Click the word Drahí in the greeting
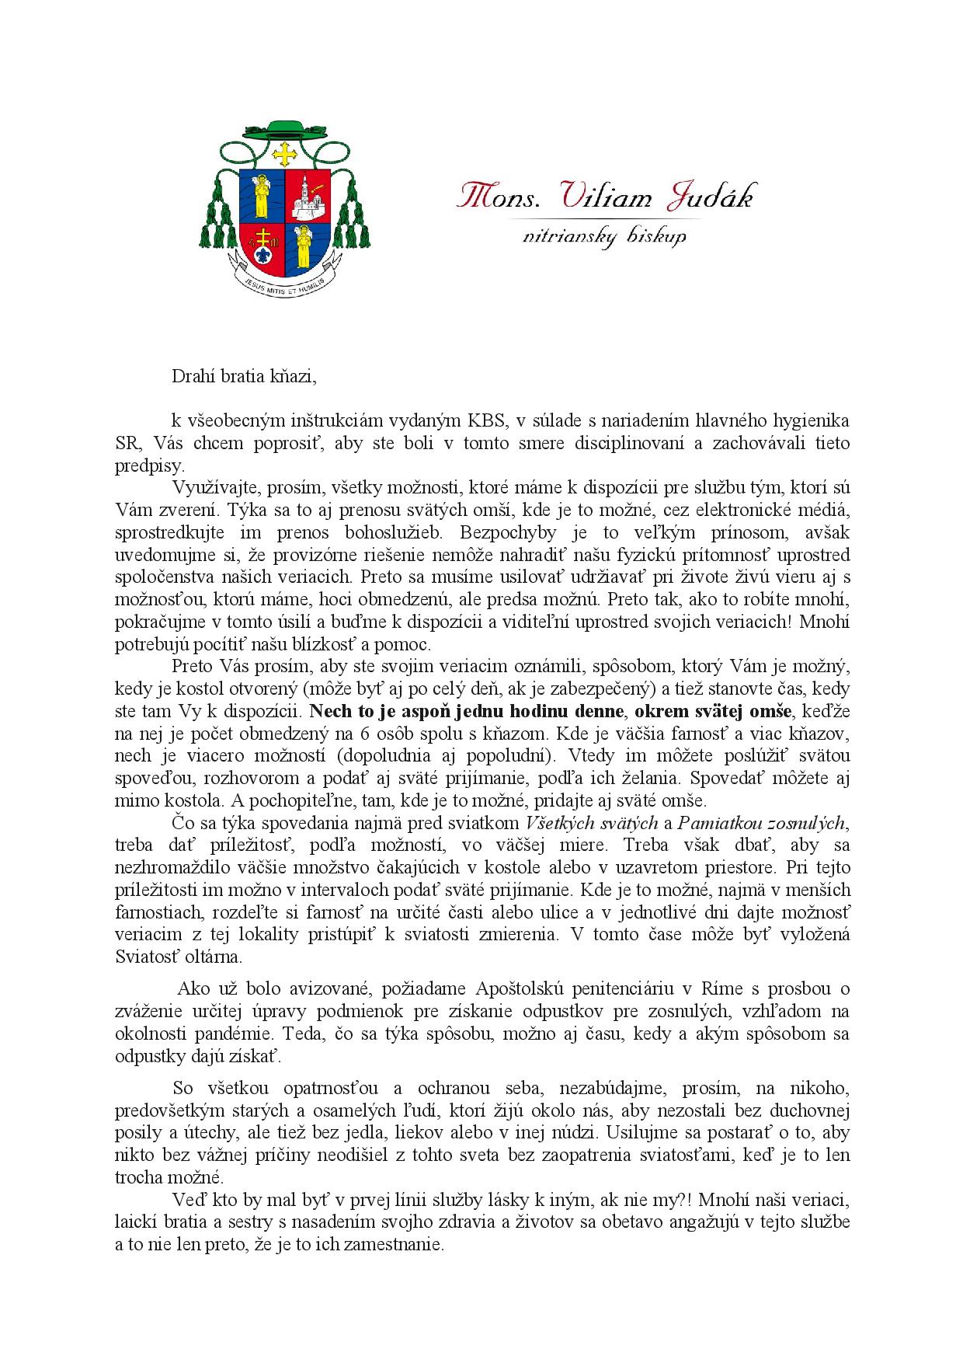point(193,377)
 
